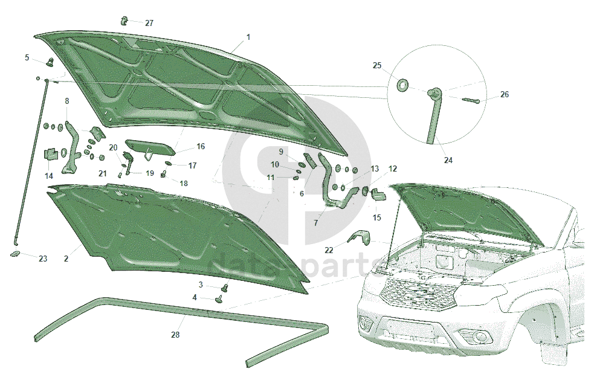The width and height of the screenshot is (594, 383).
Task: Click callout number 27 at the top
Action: click(149, 24)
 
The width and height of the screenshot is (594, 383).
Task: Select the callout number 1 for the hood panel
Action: click(248, 37)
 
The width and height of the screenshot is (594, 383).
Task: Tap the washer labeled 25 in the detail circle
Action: click(402, 84)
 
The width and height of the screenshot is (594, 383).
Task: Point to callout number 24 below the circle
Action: click(448, 161)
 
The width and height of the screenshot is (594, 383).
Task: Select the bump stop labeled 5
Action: click(50, 62)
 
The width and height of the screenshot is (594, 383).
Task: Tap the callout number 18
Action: click(183, 183)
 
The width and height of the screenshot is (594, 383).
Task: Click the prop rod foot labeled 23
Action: click(16, 254)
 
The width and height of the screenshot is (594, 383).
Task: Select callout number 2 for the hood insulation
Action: click(66, 259)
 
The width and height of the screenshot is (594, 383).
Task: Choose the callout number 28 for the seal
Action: click(175, 334)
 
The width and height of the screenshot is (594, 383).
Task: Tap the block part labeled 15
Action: click(378, 195)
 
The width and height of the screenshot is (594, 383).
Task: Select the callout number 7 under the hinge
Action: click(315, 222)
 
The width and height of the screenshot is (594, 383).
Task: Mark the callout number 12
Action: click(393, 169)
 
